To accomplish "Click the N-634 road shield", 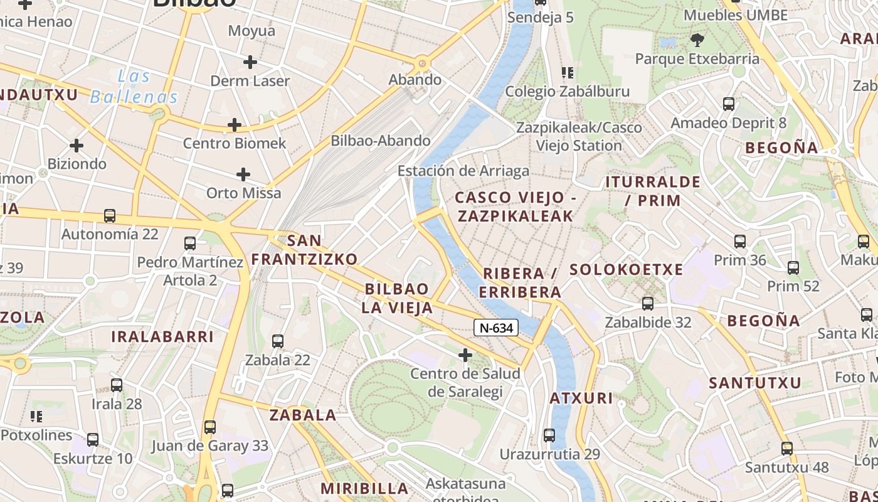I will coord(495,328).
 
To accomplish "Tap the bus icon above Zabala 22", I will coord(278,341).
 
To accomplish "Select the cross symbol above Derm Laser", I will coord(250,61).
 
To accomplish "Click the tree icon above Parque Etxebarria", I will coord(696,41).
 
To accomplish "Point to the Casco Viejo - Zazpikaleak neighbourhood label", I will coord(515,206).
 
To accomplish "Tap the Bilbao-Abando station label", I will coord(381,141).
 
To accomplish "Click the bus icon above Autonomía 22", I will coord(110,216).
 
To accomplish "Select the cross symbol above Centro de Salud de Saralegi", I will coord(465,356).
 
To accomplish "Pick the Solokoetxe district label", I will coord(626,270).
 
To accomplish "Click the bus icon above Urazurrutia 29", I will coord(549,435).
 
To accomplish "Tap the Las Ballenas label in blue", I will coord(134,87).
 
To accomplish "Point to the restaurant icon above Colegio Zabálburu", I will coord(568,72).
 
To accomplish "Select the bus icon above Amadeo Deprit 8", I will coord(729,104).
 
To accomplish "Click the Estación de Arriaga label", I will coord(463,171).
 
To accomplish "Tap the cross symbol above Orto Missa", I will coord(243,174).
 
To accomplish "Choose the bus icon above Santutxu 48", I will coord(787,449).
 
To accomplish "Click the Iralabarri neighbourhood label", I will coord(162,336).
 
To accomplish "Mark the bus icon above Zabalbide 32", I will coord(648,304).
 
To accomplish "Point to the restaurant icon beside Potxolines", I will coord(36,416).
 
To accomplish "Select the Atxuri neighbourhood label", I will coord(581,398).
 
